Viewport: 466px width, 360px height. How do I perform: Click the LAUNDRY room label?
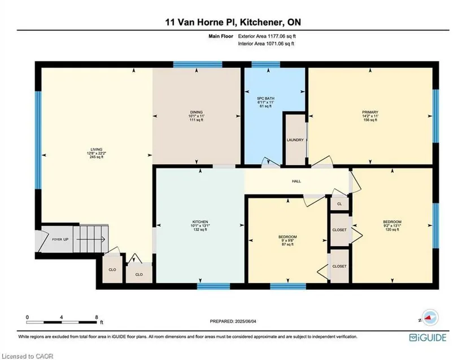(x=295, y=140)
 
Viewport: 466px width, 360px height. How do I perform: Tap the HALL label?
(x=297, y=181)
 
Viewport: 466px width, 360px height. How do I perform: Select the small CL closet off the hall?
(x=339, y=204)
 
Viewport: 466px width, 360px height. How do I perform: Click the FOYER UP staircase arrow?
(x=90, y=239)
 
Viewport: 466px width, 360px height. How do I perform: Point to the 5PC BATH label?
(x=265, y=98)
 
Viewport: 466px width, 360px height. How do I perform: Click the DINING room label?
(x=196, y=112)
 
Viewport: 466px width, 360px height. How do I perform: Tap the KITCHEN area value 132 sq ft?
(x=200, y=229)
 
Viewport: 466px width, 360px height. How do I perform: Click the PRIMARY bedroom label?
(x=370, y=112)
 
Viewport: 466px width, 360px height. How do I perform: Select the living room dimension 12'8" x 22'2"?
(x=96, y=153)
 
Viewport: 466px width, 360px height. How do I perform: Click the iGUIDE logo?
(x=428, y=338)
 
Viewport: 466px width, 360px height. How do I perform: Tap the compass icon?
(x=428, y=318)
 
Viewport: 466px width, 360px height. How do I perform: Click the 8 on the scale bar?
(x=97, y=317)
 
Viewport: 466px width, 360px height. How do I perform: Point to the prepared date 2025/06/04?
(x=246, y=321)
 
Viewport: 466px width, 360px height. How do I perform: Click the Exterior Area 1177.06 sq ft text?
(x=267, y=36)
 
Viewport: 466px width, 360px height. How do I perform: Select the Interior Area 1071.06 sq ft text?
(x=266, y=44)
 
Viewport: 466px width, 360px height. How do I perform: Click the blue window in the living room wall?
(x=38, y=140)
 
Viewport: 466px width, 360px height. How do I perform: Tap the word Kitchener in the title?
(x=260, y=22)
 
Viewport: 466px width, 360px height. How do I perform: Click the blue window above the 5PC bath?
(x=265, y=64)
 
